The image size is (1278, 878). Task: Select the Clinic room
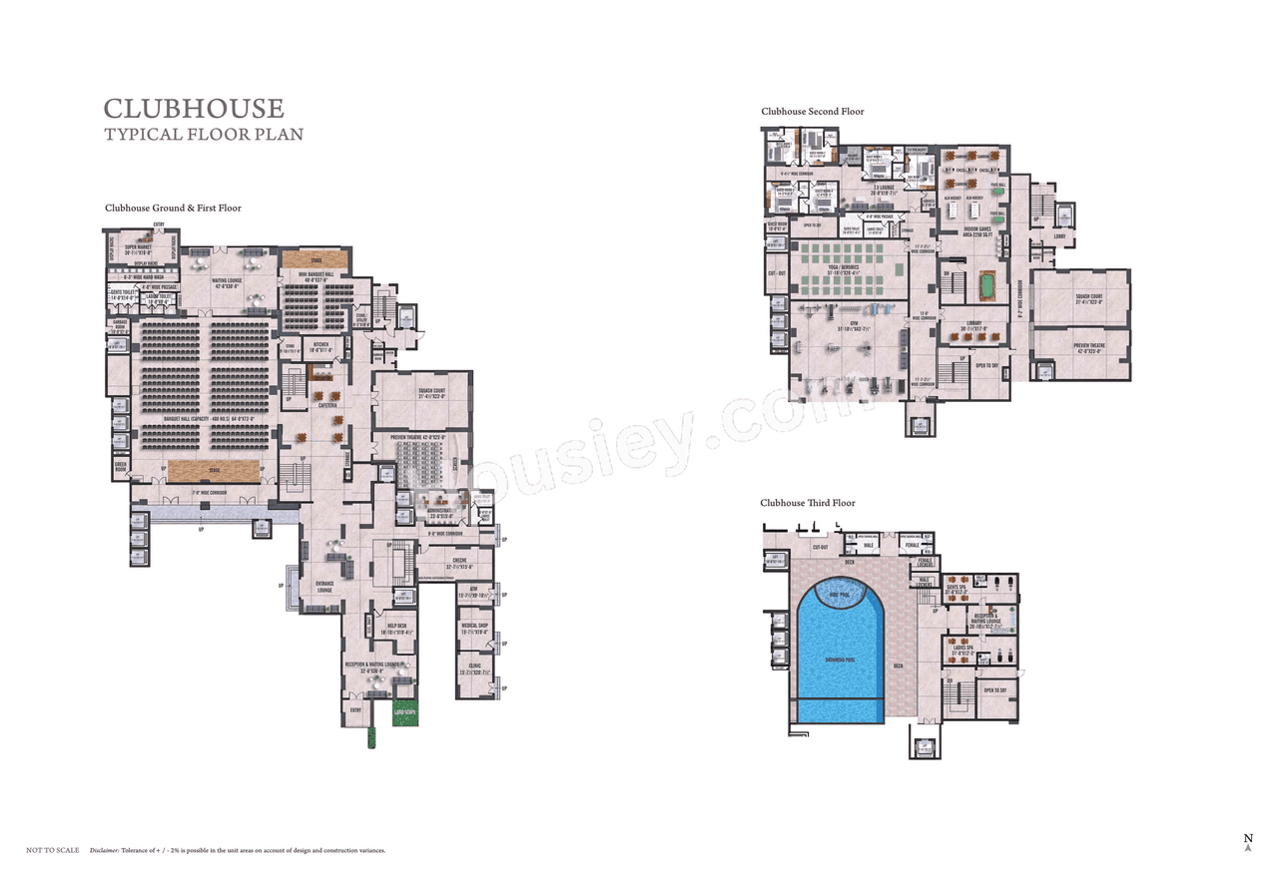point(475,670)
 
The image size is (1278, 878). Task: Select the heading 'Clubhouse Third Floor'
point(808,503)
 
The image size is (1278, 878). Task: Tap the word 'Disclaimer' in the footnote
point(105,850)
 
